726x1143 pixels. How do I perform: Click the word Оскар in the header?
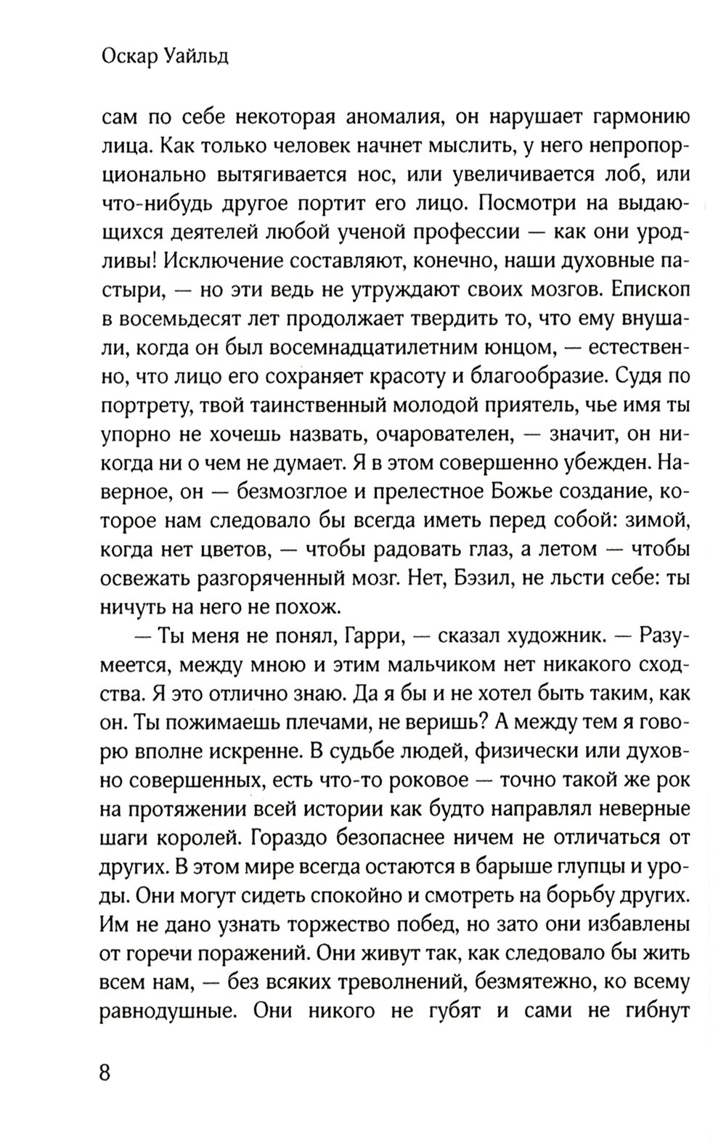(126, 57)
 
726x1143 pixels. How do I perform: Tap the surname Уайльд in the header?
(192, 57)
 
